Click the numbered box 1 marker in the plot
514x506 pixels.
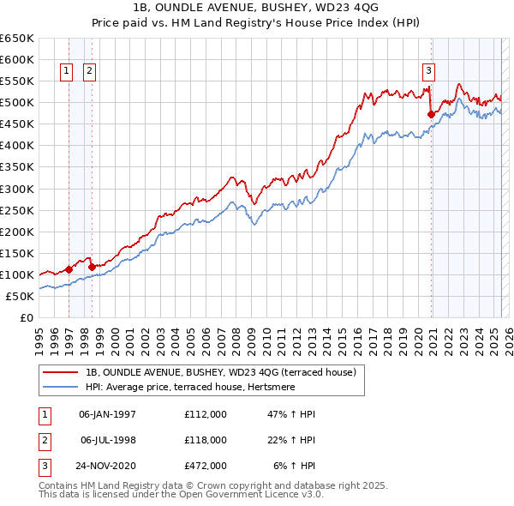point(66,72)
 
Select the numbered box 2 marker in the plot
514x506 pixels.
point(89,72)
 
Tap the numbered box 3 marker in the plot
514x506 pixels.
point(428,72)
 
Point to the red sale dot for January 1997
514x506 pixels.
point(69,269)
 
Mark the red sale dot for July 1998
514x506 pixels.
point(92,267)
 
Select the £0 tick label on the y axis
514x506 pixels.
point(26,317)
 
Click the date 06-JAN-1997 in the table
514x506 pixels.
point(107,414)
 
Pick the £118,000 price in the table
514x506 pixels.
point(206,440)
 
